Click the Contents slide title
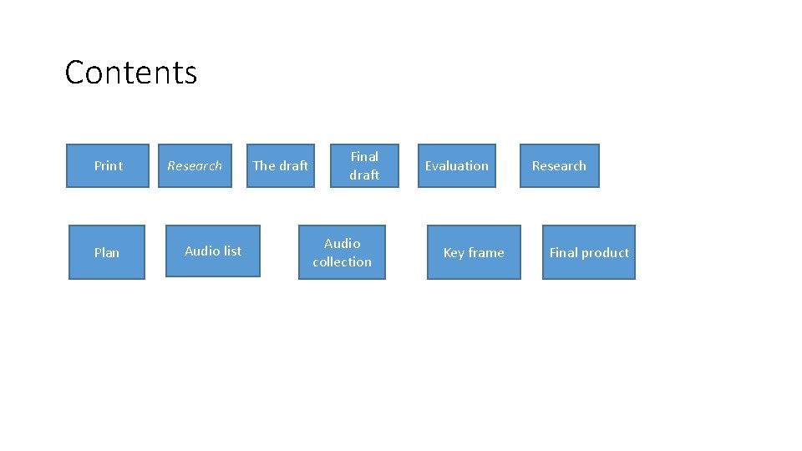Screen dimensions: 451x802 click(131, 73)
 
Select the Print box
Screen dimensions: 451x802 click(108, 165)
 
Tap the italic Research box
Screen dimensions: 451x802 click(195, 165)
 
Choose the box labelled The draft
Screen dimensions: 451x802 click(281, 165)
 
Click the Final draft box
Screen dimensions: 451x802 click(364, 165)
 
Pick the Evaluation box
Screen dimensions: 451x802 click(457, 165)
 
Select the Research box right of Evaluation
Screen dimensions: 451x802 click(559, 165)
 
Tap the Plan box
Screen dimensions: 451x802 click(107, 252)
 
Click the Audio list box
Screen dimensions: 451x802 click(213, 251)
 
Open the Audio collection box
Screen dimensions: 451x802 click(342, 252)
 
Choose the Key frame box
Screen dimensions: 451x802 click(474, 252)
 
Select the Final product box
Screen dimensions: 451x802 click(589, 252)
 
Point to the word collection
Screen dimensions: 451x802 click(342, 262)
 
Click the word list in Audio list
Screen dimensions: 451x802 click(232, 251)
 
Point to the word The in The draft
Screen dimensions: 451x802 click(264, 165)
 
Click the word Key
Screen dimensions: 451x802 click(454, 252)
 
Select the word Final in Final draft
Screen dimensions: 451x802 click(364, 156)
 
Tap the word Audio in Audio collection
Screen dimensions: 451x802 click(342, 243)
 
